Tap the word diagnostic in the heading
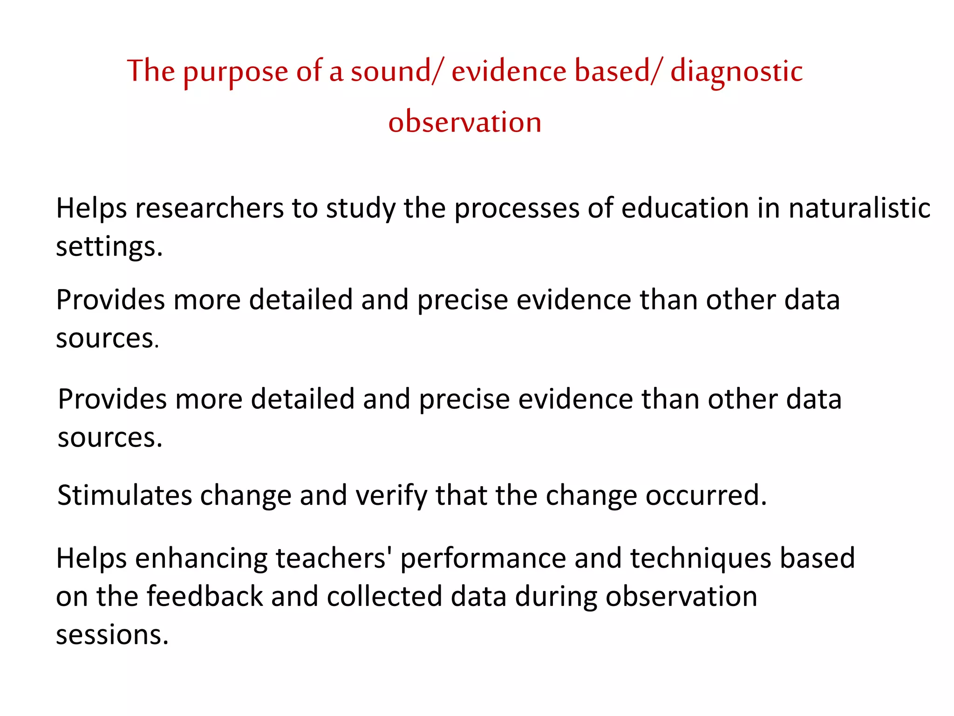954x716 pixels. click(736, 72)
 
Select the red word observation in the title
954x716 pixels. click(465, 122)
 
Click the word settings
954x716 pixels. click(109, 247)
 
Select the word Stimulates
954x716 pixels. click(124, 495)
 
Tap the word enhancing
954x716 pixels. click(201, 558)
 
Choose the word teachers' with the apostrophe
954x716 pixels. click(334, 558)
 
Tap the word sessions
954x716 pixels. click(112, 635)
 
